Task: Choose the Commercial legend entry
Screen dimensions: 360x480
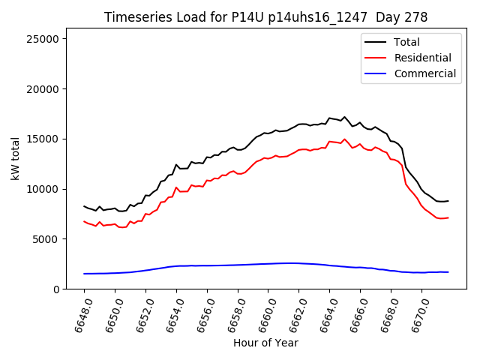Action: [x=424, y=73]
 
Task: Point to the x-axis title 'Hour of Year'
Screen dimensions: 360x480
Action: [x=265, y=343]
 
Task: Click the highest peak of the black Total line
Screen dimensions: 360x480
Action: [x=344, y=117]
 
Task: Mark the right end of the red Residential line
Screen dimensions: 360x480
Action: [x=448, y=217]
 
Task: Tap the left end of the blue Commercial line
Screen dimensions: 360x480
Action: [x=84, y=274]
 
